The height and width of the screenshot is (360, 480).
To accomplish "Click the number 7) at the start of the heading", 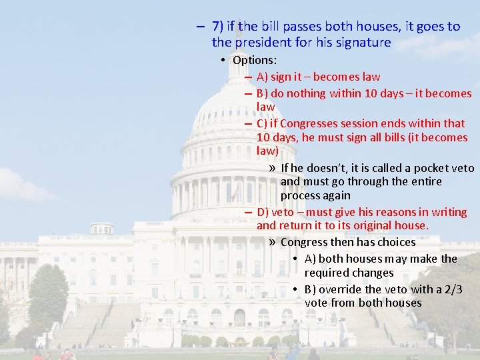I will pos(218,27).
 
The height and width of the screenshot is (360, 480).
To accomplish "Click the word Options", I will pos(253,60).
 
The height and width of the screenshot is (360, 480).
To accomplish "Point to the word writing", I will pos(449,212).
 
